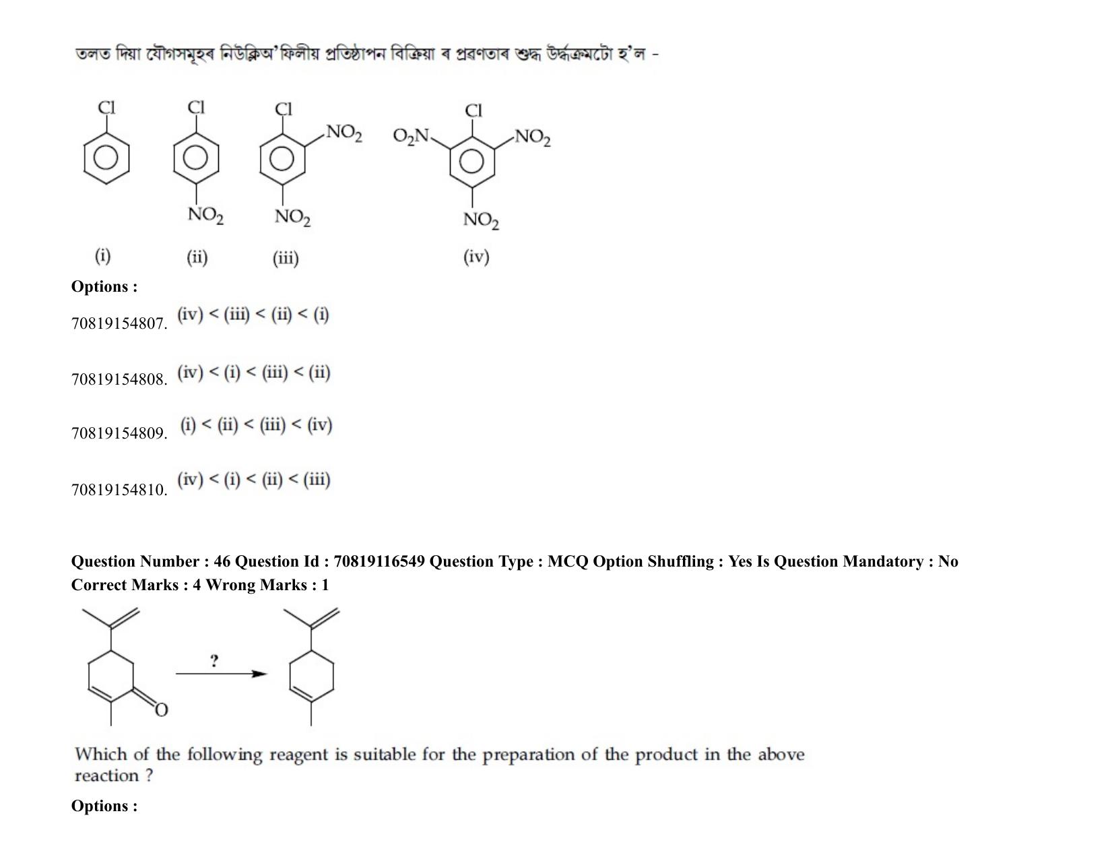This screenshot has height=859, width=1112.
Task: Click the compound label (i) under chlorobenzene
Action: [102, 255]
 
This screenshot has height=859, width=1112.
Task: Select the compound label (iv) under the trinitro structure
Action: [476, 257]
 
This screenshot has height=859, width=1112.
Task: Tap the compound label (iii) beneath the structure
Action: [286, 258]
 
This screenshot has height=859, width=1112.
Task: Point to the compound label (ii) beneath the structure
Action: [197, 257]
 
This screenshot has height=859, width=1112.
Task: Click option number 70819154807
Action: [119, 323]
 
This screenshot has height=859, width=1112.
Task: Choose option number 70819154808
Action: [119, 379]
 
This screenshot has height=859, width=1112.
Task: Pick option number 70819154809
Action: [119, 434]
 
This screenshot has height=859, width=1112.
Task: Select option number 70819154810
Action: [119, 490]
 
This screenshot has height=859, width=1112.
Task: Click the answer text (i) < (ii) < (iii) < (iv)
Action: [256, 425]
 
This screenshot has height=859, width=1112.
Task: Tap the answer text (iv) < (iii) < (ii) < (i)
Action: [253, 315]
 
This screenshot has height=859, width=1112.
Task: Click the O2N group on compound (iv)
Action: [411, 136]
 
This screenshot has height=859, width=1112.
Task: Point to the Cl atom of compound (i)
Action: [106, 108]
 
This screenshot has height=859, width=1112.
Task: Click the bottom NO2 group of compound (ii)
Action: [205, 215]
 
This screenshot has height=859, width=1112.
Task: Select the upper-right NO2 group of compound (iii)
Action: [344, 133]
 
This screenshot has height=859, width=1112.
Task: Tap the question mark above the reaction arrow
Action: [214, 661]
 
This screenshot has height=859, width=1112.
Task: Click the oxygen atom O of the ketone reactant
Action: [161, 710]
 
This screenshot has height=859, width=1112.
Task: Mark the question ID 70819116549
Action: [379, 562]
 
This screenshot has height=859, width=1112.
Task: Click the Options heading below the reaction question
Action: [104, 806]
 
